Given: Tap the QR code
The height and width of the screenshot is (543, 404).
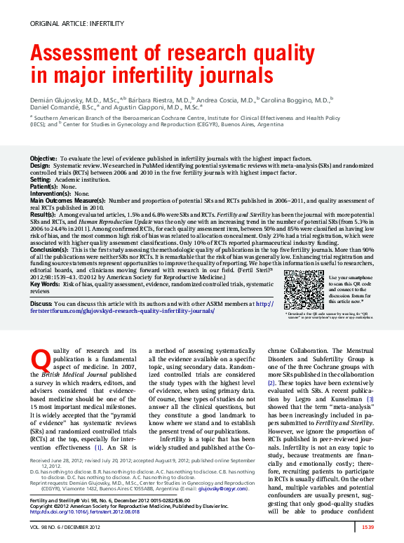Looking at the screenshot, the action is [304, 288].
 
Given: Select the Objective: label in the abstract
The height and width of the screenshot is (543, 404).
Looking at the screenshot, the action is [43, 160].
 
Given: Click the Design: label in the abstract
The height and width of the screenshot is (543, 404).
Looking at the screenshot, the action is [40, 166].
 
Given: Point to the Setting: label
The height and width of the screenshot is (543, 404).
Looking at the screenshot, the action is [41, 180].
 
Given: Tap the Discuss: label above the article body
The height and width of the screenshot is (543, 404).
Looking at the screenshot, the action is [41, 304].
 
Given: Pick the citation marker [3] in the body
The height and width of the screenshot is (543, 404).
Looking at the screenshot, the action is [371, 398].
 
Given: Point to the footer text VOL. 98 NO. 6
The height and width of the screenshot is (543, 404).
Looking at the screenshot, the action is [48, 527].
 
